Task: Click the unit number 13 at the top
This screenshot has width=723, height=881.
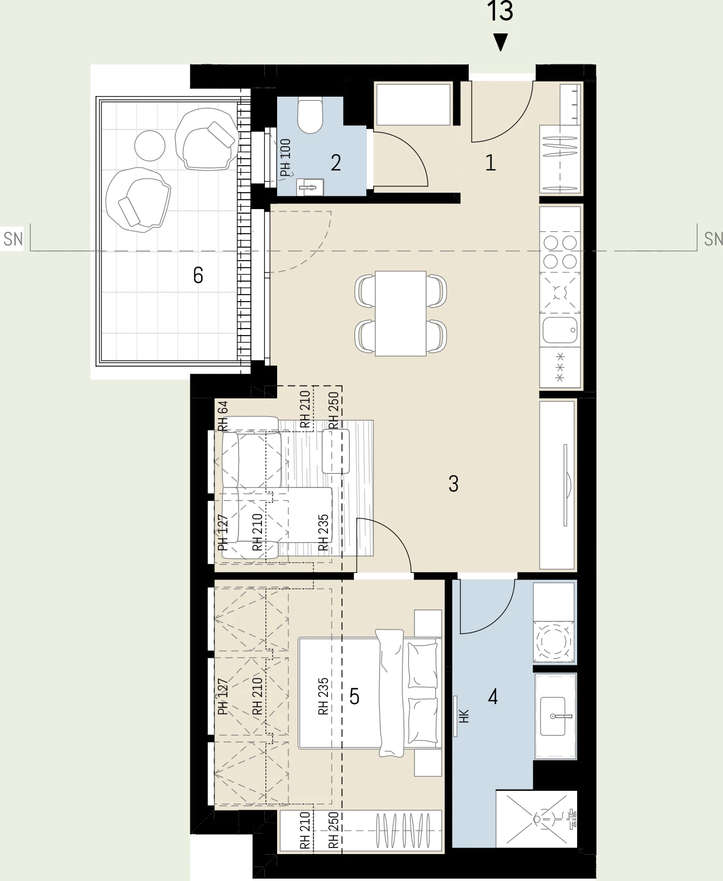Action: pyautogui.click(x=500, y=11)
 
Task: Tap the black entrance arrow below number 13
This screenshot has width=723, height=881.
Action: pyautogui.click(x=501, y=42)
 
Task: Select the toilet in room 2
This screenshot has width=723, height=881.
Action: pyautogui.click(x=310, y=115)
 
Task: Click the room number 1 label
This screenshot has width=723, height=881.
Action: pyautogui.click(x=490, y=162)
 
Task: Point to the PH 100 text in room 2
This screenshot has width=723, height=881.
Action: pyautogui.click(x=285, y=158)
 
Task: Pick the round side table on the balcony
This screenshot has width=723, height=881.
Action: pyautogui.click(x=149, y=145)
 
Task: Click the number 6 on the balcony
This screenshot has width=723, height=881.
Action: pyautogui.click(x=198, y=275)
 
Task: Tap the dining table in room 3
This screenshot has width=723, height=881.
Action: pyautogui.click(x=400, y=313)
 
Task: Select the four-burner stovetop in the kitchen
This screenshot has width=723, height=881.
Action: pyautogui.click(x=560, y=252)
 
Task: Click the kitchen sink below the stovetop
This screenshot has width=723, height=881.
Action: pyautogui.click(x=560, y=330)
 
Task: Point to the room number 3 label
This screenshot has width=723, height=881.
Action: pyautogui.click(x=453, y=484)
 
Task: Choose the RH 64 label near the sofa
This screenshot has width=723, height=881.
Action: pyautogui.click(x=223, y=416)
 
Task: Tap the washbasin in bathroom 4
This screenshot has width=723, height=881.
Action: pyautogui.click(x=553, y=716)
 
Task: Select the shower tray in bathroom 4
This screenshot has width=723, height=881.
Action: pyautogui.click(x=537, y=818)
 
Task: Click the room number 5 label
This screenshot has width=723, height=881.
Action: pyautogui.click(x=354, y=696)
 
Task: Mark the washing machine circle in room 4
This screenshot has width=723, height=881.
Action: pyautogui.click(x=554, y=641)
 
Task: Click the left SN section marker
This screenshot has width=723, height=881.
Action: pyautogui.click(x=12, y=239)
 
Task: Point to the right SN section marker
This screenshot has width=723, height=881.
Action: pyautogui.click(x=713, y=239)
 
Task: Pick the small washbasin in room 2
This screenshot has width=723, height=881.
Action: pyautogui.click(x=310, y=187)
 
